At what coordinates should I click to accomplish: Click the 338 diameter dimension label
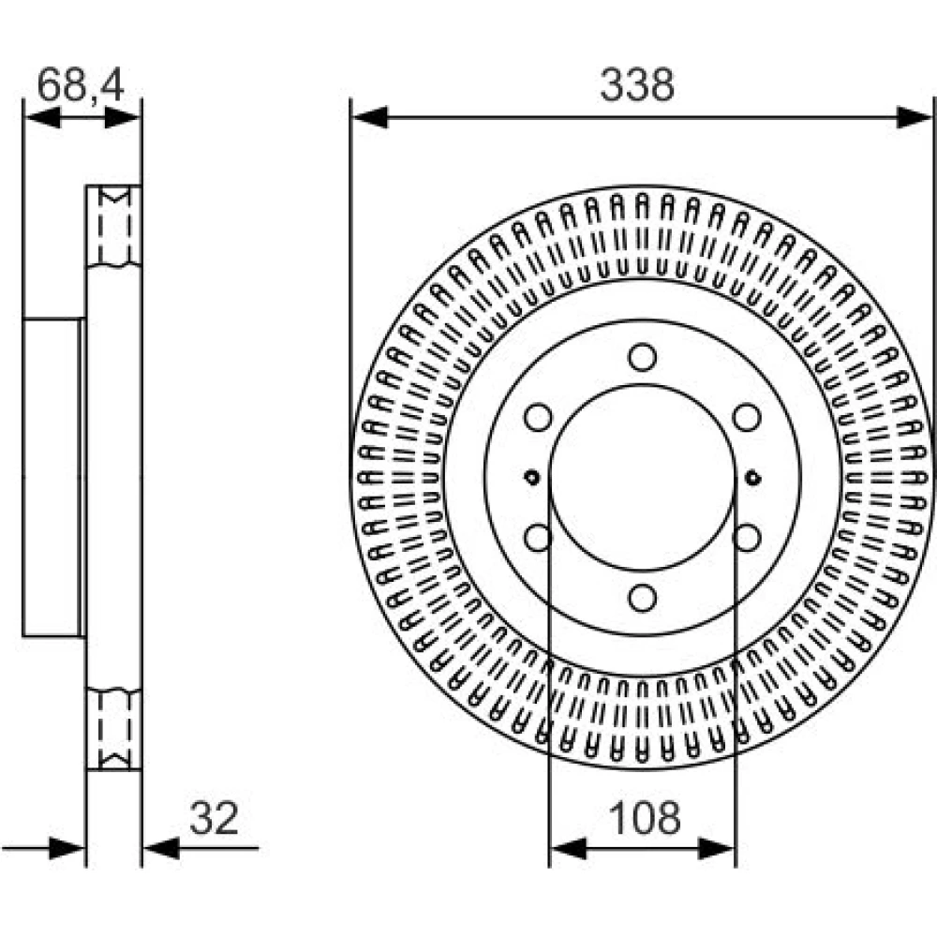637,85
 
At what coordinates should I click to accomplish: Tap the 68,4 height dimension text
81,85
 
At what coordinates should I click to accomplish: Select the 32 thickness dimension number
214,818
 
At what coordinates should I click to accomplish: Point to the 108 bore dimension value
645,818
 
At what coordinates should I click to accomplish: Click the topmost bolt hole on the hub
643,357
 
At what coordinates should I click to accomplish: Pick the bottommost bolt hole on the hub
643,597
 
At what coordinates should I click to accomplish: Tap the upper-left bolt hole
538,417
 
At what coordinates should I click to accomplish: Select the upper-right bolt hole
747,417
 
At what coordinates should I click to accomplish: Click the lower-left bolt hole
538,537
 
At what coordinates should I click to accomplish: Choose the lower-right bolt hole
747,537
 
